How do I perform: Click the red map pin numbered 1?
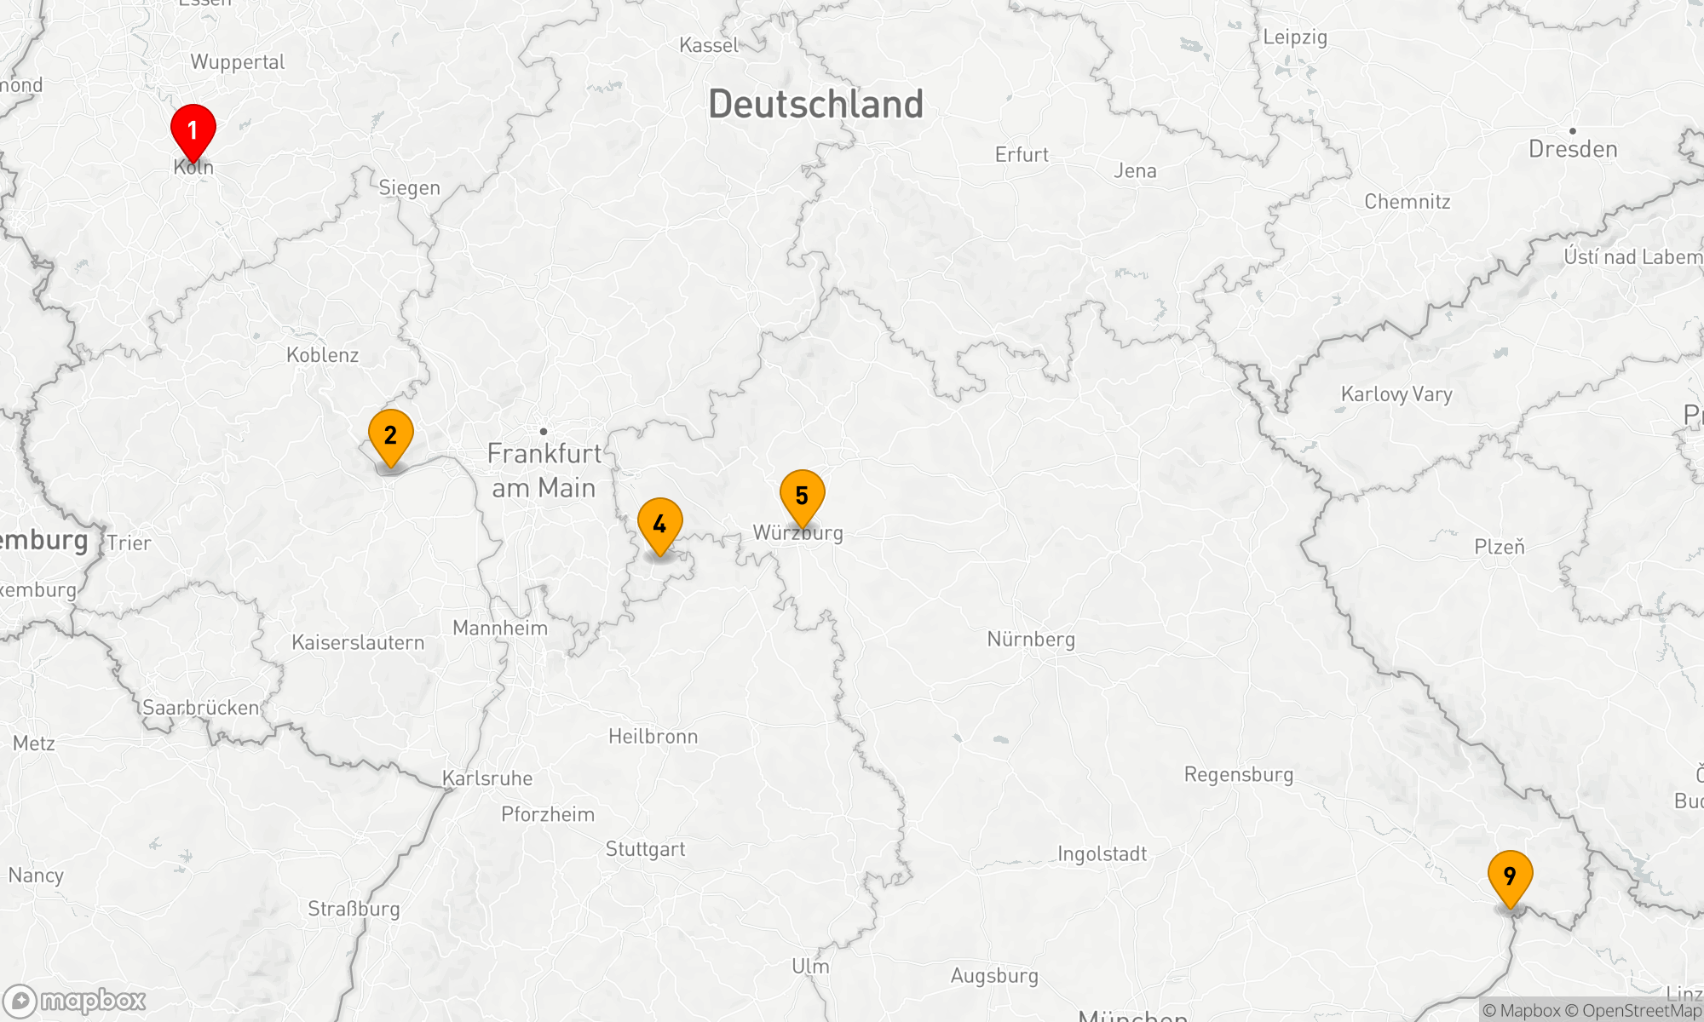coord(193,130)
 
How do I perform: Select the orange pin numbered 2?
coord(391,435)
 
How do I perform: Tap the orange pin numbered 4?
coord(660,524)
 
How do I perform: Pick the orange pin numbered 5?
coord(803,496)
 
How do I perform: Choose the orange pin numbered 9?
coord(1511,876)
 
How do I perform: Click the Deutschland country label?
coord(815,104)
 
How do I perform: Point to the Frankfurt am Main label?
coord(544,470)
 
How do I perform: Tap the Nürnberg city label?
coord(1031,639)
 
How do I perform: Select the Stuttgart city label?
coord(645,848)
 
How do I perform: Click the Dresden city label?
coord(1573,149)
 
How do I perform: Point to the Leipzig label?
coord(1295,37)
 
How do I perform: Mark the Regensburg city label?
coord(1239,774)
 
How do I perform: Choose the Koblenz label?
coord(322,355)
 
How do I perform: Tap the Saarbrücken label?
coord(201,708)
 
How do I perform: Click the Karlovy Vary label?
coord(1396,394)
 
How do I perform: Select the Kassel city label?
coord(709,45)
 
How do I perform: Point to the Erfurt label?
coord(1022,155)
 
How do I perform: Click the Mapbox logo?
coord(75,1001)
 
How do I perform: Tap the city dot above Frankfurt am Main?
coord(544,432)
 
